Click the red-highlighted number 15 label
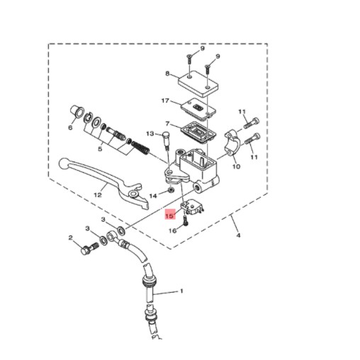point(170,215)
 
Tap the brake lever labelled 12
point(101,179)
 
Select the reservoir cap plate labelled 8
point(198,84)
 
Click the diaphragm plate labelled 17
point(198,109)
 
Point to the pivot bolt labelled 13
point(167,140)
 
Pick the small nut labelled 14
point(171,189)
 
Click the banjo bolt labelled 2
point(89,248)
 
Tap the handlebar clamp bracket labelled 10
point(232,143)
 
